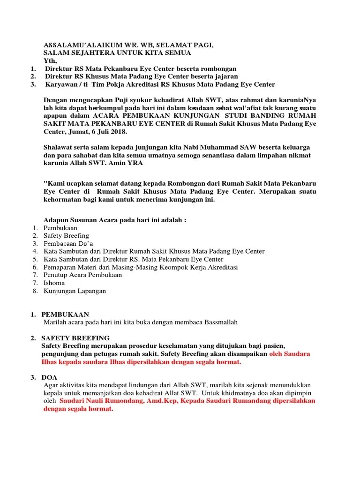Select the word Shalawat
coord(59,147)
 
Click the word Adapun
coord(55,220)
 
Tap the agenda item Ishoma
coord(54,283)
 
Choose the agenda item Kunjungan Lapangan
coord(75,291)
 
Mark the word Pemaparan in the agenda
coord(59,267)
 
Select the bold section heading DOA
coord(49,377)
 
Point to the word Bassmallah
coord(220,322)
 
